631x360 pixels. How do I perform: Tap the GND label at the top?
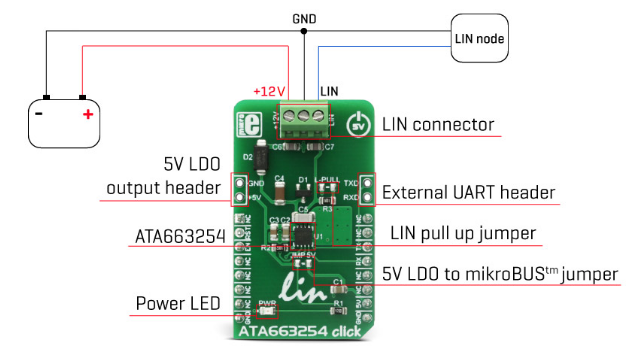[x=304, y=18]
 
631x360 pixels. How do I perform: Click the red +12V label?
[x=269, y=91]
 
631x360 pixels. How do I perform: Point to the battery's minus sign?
[x=39, y=113]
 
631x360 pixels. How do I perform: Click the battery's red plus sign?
[x=88, y=114]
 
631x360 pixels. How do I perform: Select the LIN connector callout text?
[x=438, y=125]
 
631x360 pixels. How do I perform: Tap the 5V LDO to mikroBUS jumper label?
[x=500, y=272]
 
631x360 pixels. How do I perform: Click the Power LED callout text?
[x=175, y=302]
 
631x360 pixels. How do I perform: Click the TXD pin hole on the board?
[x=366, y=184]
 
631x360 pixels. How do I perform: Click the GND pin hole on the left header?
[x=240, y=184]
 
